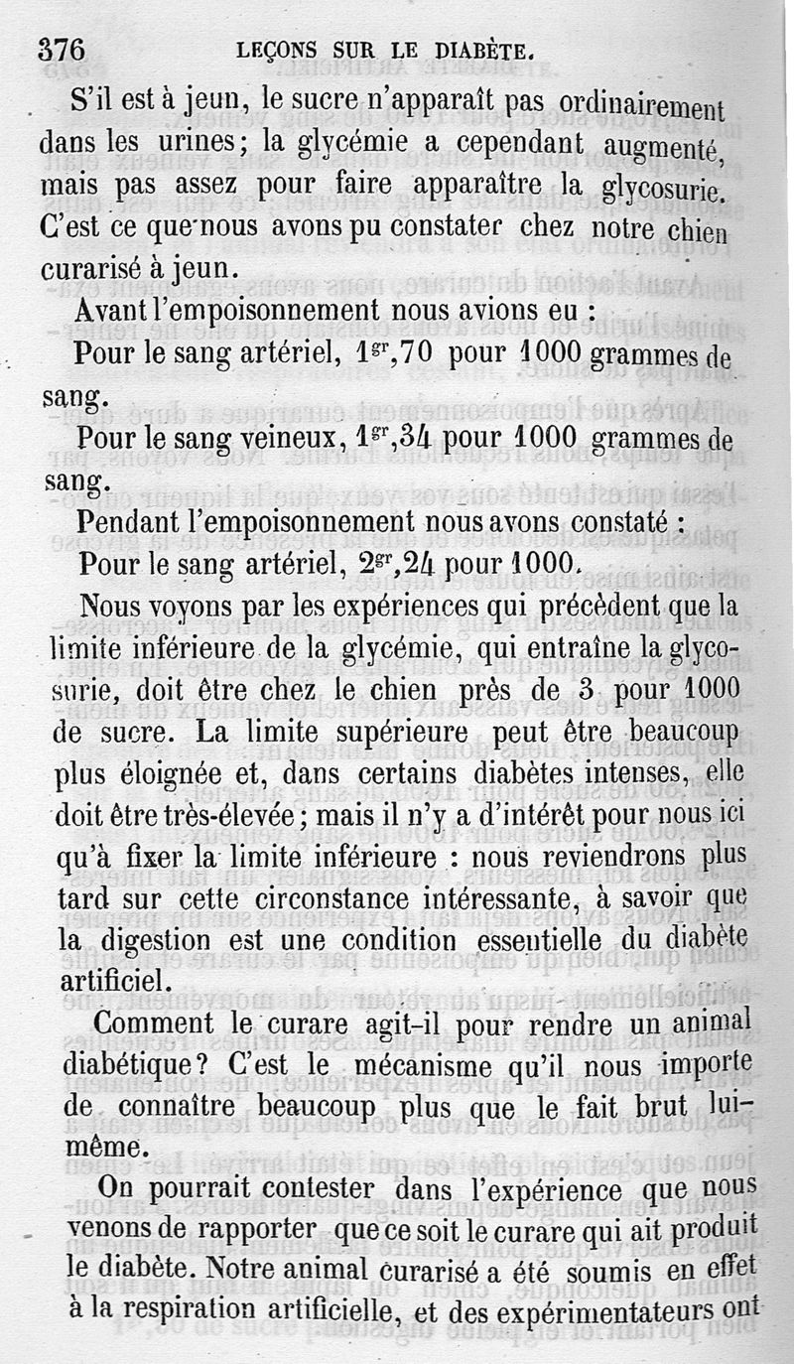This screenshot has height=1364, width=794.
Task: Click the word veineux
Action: (x=287, y=440)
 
